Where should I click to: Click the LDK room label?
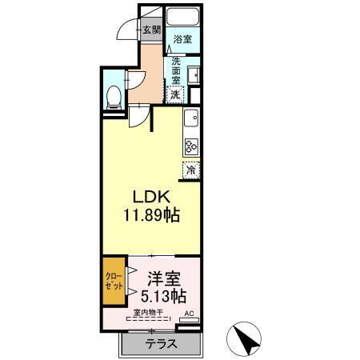click(x=149, y=197)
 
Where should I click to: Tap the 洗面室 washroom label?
click(x=176, y=70)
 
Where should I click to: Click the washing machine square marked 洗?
click(x=176, y=93)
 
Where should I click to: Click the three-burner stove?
click(x=191, y=145)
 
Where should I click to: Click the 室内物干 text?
click(x=148, y=313)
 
